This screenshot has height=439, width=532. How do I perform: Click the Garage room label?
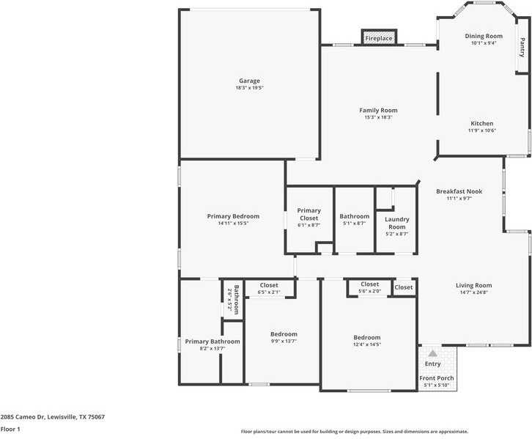(249, 81)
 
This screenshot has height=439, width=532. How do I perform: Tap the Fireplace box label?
(379, 38)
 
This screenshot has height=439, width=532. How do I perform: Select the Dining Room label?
(484, 36)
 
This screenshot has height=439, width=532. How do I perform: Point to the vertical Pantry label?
(522, 48)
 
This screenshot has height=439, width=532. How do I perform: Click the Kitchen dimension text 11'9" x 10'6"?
(482, 131)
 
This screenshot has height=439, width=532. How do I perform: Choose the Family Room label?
(378, 110)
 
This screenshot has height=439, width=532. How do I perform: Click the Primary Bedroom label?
(233, 216)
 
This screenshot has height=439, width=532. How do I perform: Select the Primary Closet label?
(309, 215)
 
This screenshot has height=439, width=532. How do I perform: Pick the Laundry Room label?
(396, 223)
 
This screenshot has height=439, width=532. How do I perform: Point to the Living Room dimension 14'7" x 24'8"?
(473, 292)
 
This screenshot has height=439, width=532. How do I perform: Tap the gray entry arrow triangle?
(432, 353)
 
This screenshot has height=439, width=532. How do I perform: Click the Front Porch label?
(437, 378)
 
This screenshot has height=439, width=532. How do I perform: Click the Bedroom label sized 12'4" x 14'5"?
(367, 337)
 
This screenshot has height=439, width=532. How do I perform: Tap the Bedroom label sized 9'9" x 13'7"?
(284, 333)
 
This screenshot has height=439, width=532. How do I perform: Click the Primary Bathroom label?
(212, 341)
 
